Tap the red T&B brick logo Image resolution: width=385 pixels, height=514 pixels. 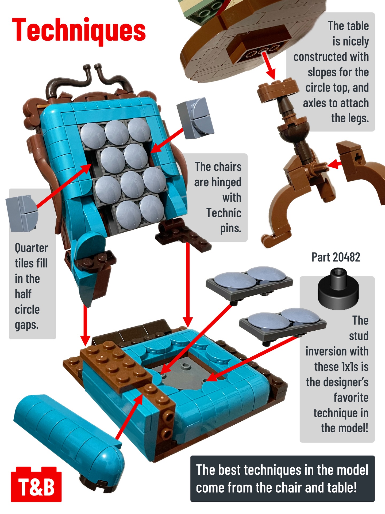pyautogui.click(x=36, y=485)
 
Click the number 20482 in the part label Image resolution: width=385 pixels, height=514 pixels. pyautogui.click(x=346, y=258)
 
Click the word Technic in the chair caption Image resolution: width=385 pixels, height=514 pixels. pyautogui.click(x=224, y=213)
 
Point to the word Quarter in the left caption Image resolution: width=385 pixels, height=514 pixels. pyautogui.click(x=31, y=248)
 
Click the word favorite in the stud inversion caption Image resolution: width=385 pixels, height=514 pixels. pyautogui.click(x=351, y=398)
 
